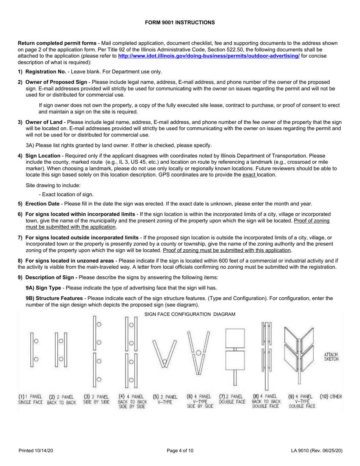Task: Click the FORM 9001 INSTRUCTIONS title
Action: click(180, 23)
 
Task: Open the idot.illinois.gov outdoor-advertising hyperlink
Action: click(209, 56)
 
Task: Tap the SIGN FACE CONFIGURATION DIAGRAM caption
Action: click(190, 314)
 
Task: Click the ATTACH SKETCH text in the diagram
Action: click(331, 357)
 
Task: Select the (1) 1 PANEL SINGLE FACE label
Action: click(30, 399)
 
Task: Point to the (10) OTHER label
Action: click(331, 397)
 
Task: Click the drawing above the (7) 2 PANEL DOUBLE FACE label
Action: click(235, 352)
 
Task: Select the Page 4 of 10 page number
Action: click(180, 450)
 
